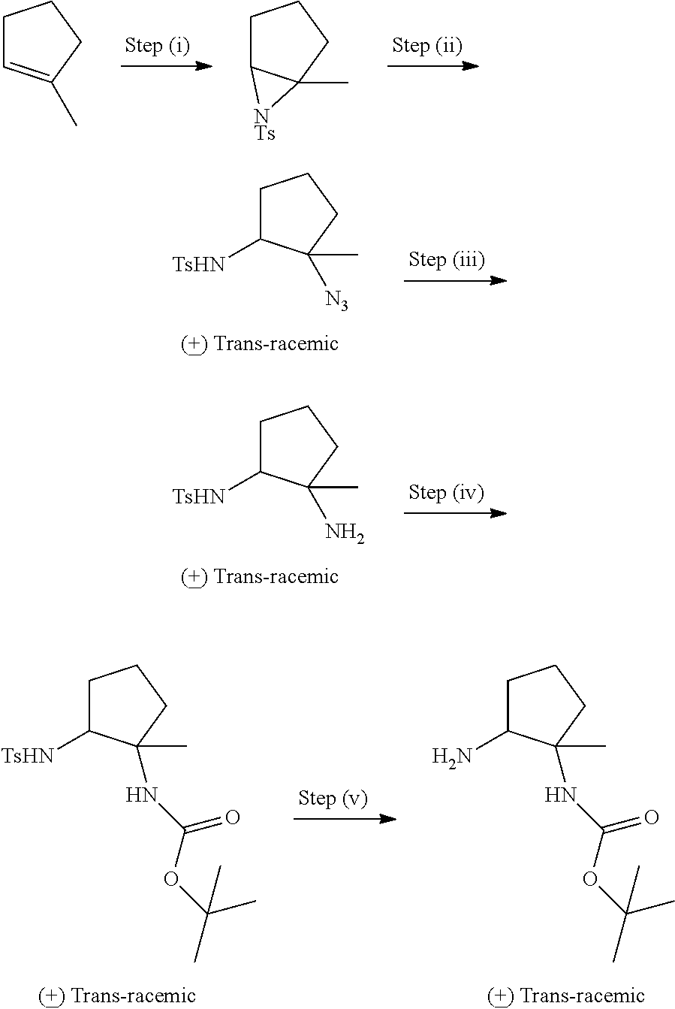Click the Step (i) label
pos(157,46)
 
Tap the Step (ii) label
pos(427,46)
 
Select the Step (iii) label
pos(446,260)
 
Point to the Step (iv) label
pos(446,492)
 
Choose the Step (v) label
pos(333,798)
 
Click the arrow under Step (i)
pos(167,66)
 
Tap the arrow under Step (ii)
pos(433,66)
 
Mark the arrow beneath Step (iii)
pos(455,281)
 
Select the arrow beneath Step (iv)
pos(455,513)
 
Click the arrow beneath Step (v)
pos(345,818)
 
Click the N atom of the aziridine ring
pos(261,116)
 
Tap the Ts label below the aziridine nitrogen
pos(265,133)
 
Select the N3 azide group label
pos(337,301)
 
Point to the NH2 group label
pos(345,533)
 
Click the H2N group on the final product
pos(452,757)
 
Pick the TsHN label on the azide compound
pos(198,264)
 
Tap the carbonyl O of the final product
pos(652,817)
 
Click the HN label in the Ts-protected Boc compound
pos(141,796)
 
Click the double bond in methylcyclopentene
pos(28,72)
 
